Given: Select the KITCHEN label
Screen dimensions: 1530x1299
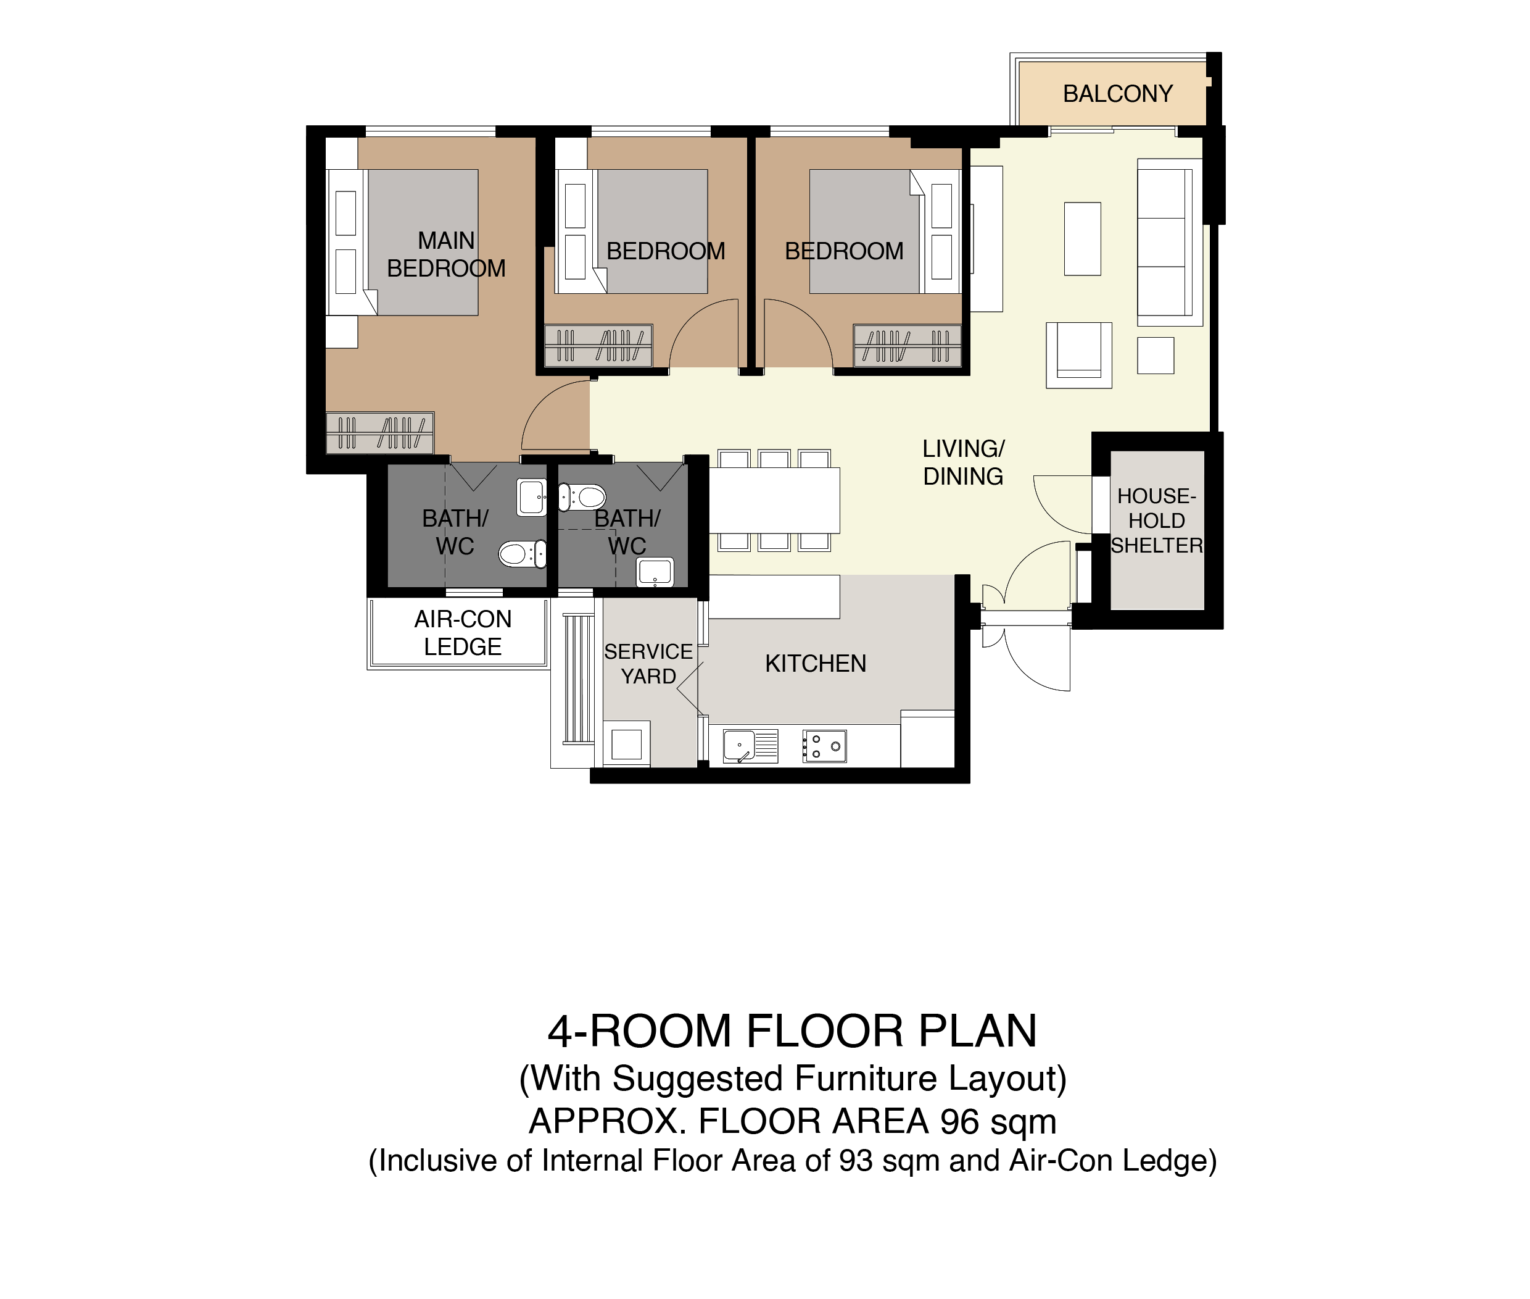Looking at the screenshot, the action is click(816, 664).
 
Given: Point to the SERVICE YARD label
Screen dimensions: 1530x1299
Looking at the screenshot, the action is click(648, 664).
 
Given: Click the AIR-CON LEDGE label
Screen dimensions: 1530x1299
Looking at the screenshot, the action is click(462, 633).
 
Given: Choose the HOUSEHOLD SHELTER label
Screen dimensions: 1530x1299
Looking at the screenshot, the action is click(1156, 520).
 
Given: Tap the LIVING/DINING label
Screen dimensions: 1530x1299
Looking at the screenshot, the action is click(963, 462).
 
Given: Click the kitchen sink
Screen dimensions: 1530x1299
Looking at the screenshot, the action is click(750, 746).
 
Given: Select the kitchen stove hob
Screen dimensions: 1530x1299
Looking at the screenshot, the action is click(824, 746).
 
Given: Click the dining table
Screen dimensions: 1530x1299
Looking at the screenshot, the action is click(774, 501).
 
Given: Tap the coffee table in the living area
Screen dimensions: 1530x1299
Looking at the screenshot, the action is click(1082, 238).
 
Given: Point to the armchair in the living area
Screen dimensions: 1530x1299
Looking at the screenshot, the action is click(1079, 355).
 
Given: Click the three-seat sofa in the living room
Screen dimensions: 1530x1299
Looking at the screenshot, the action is click(1169, 242).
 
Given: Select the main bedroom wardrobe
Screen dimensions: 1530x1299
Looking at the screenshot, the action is click(380, 432).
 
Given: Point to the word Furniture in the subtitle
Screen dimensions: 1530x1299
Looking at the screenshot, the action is click(866, 1079).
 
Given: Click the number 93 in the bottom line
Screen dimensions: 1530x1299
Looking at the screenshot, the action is click(855, 1161).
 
